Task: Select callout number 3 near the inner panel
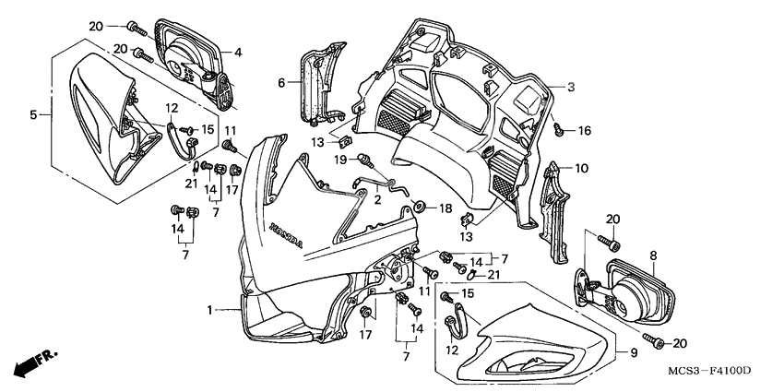(571, 87)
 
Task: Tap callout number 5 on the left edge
(33, 115)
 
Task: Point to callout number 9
(633, 353)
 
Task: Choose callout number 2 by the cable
(376, 198)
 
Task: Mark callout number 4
(238, 53)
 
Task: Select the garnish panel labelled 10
(556, 208)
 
